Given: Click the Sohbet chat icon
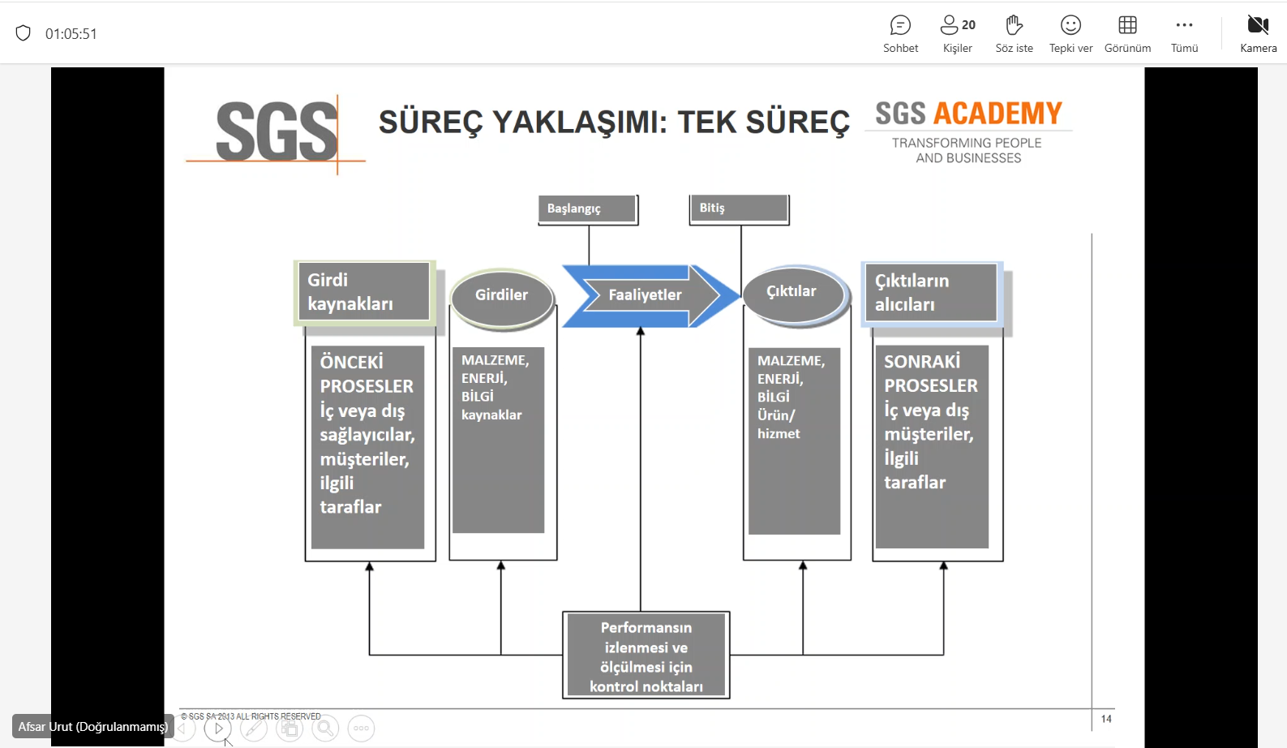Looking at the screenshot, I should (900, 26).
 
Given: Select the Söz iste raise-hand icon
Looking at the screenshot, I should (1014, 26).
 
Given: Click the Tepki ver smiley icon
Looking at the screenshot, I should (1070, 26).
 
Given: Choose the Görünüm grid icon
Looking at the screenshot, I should (1127, 26).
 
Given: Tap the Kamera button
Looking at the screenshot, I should (1258, 26).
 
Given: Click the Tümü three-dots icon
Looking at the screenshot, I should (1184, 26).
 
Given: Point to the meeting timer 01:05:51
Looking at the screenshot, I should (71, 34).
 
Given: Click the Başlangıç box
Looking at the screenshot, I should (587, 208).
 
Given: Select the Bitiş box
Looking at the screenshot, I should (738, 208).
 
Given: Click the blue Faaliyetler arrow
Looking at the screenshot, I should (646, 295).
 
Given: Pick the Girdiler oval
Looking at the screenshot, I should (502, 295).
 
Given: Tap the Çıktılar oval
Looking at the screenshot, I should (792, 291).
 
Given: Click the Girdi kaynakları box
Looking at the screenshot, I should (363, 292).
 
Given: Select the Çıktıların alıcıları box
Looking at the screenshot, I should (931, 293).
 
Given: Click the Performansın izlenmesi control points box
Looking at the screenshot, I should (646, 656).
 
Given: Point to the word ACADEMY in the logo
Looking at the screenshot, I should (997, 114).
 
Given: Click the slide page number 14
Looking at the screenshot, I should (1106, 719).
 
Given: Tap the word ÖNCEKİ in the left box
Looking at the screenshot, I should (351, 362).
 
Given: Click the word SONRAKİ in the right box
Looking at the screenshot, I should (922, 362).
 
